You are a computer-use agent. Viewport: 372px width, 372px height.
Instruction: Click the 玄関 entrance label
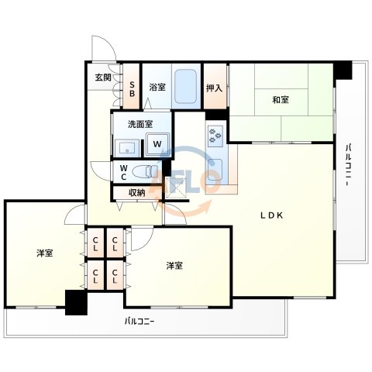[103, 77]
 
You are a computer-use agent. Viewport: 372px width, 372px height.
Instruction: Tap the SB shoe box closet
[132, 86]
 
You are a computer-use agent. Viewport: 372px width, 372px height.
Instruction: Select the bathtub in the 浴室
[185, 86]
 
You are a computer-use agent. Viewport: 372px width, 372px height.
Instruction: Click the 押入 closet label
[214, 88]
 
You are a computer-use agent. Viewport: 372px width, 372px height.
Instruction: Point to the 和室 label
[281, 99]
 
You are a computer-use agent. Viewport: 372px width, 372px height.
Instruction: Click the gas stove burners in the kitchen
[215, 136]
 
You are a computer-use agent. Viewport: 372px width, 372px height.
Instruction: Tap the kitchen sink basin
[215, 170]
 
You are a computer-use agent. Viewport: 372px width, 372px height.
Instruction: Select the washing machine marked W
[157, 144]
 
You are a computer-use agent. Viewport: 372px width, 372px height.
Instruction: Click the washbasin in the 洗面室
[127, 148]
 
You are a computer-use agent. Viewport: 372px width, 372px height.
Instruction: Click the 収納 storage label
[137, 193]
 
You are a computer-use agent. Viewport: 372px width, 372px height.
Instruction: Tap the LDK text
[271, 215]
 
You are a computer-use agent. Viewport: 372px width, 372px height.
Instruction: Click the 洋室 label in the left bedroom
[45, 253]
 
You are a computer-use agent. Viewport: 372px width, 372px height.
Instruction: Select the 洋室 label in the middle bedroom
[174, 265]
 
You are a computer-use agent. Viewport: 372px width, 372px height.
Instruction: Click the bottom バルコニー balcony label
[139, 322]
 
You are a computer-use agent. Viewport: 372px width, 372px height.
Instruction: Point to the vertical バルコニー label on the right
[348, 165]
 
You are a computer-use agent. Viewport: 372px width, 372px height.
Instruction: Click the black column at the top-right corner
[343, 70]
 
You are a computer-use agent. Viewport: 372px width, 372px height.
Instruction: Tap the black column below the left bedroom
[76, 302]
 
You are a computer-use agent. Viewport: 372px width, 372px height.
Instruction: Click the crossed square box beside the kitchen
[176, 188]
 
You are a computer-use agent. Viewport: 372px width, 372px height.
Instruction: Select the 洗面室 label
[140, 124]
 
